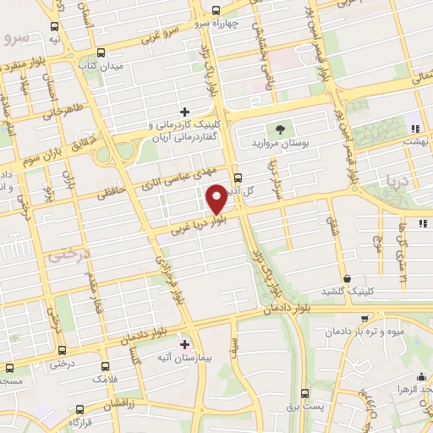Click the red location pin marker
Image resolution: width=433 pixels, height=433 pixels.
(x=216, y=198)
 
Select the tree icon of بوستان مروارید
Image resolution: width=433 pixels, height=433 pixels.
(x=277, y=129)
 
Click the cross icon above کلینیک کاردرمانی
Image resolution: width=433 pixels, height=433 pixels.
(x=184, y=112)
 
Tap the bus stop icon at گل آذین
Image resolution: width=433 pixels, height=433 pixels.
(x=238, y=178)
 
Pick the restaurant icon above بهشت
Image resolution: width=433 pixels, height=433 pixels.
(x=414, y=129)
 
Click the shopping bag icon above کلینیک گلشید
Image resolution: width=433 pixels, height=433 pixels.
(x=348, y=277)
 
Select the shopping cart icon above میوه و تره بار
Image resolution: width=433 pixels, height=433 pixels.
(x=364, y=319)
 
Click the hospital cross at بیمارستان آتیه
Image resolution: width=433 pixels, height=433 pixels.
(x=185, y=344)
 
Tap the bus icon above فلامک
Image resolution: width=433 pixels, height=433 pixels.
(x=105, y=367)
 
